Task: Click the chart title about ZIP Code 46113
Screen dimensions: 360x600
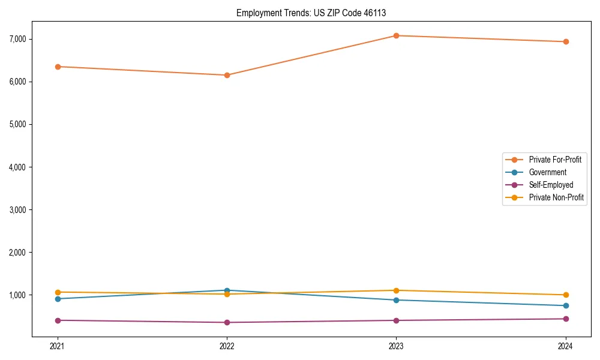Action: (x=315, y=13)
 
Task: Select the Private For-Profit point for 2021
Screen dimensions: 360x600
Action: (x=58, y=67)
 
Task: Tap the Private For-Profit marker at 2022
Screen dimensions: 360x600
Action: (x=227, y=75)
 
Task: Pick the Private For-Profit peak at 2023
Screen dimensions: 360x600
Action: (x=396, y=35)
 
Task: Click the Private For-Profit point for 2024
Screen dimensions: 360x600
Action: (x=566, y=41)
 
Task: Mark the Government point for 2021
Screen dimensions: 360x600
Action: (x=58, y=299)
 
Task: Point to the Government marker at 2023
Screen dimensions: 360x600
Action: (x=396, y=300)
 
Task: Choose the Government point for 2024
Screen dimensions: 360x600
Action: (x=566, y=305)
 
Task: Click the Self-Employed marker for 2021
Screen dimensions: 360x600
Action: (x=58, y=320)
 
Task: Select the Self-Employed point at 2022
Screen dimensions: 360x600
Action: (x=227, y=322)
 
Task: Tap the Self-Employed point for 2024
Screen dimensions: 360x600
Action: (x=566, y=319)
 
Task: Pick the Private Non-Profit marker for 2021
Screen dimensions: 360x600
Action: (x=58, y=292)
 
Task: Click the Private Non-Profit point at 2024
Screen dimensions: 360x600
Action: (x=566, y=295)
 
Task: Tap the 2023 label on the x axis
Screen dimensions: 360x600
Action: (x=396, y=346)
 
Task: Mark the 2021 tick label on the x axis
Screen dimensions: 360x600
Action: (x=58, y=346)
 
